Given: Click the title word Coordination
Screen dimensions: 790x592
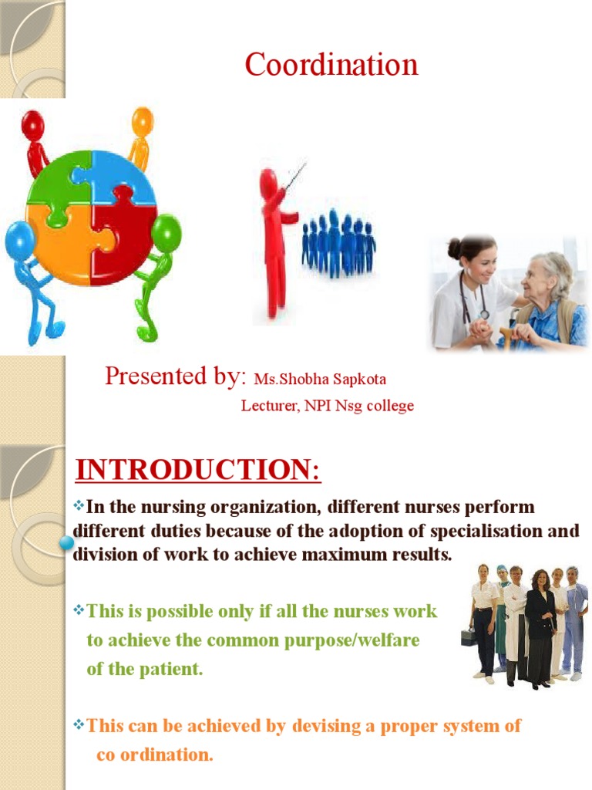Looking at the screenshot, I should click(331, 64).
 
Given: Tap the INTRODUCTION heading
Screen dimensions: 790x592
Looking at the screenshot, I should click(198, 470).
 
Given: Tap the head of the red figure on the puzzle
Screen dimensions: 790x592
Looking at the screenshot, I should click(32, 125).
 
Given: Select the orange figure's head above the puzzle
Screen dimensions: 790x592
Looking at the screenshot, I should click(143, 121).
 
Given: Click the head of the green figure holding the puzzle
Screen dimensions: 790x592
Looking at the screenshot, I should click(166, 232).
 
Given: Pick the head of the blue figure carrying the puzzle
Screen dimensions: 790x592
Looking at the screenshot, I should click(19, 240).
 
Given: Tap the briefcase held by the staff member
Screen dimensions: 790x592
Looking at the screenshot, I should click(469, 636).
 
